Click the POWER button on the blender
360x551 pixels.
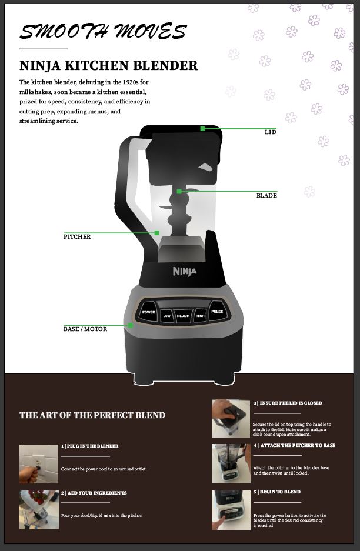point(148,312)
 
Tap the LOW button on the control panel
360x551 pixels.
point(166,316)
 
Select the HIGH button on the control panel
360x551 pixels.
point(201,316)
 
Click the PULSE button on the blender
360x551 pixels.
point(217,311)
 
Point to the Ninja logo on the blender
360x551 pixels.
point(185,271)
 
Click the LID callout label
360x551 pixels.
point(271,132)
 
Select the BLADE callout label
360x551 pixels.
point(266,196)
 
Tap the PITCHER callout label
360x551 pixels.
point(77,237)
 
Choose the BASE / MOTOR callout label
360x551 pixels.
point(85,329)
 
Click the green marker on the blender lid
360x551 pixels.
point(202,129)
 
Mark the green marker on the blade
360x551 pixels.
point(179,192)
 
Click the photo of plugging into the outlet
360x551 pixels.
point(39,464)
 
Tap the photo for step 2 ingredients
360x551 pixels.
point(39,510)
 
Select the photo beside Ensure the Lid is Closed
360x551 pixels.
point(231,419)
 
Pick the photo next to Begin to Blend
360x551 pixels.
point(231,510)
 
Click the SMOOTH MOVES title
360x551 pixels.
point(103,31)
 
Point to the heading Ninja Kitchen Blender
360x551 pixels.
point(109,66)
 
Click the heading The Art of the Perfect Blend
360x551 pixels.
point(92,415)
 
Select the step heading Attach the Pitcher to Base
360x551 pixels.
point(295,445)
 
